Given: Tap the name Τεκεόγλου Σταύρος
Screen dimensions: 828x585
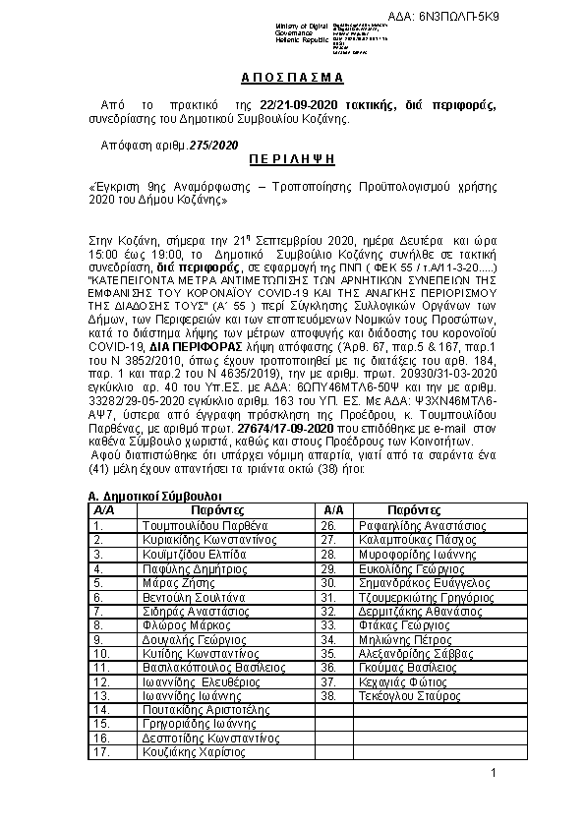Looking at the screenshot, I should point(424,695).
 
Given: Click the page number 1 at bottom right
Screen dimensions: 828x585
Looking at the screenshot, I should point(494,775).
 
